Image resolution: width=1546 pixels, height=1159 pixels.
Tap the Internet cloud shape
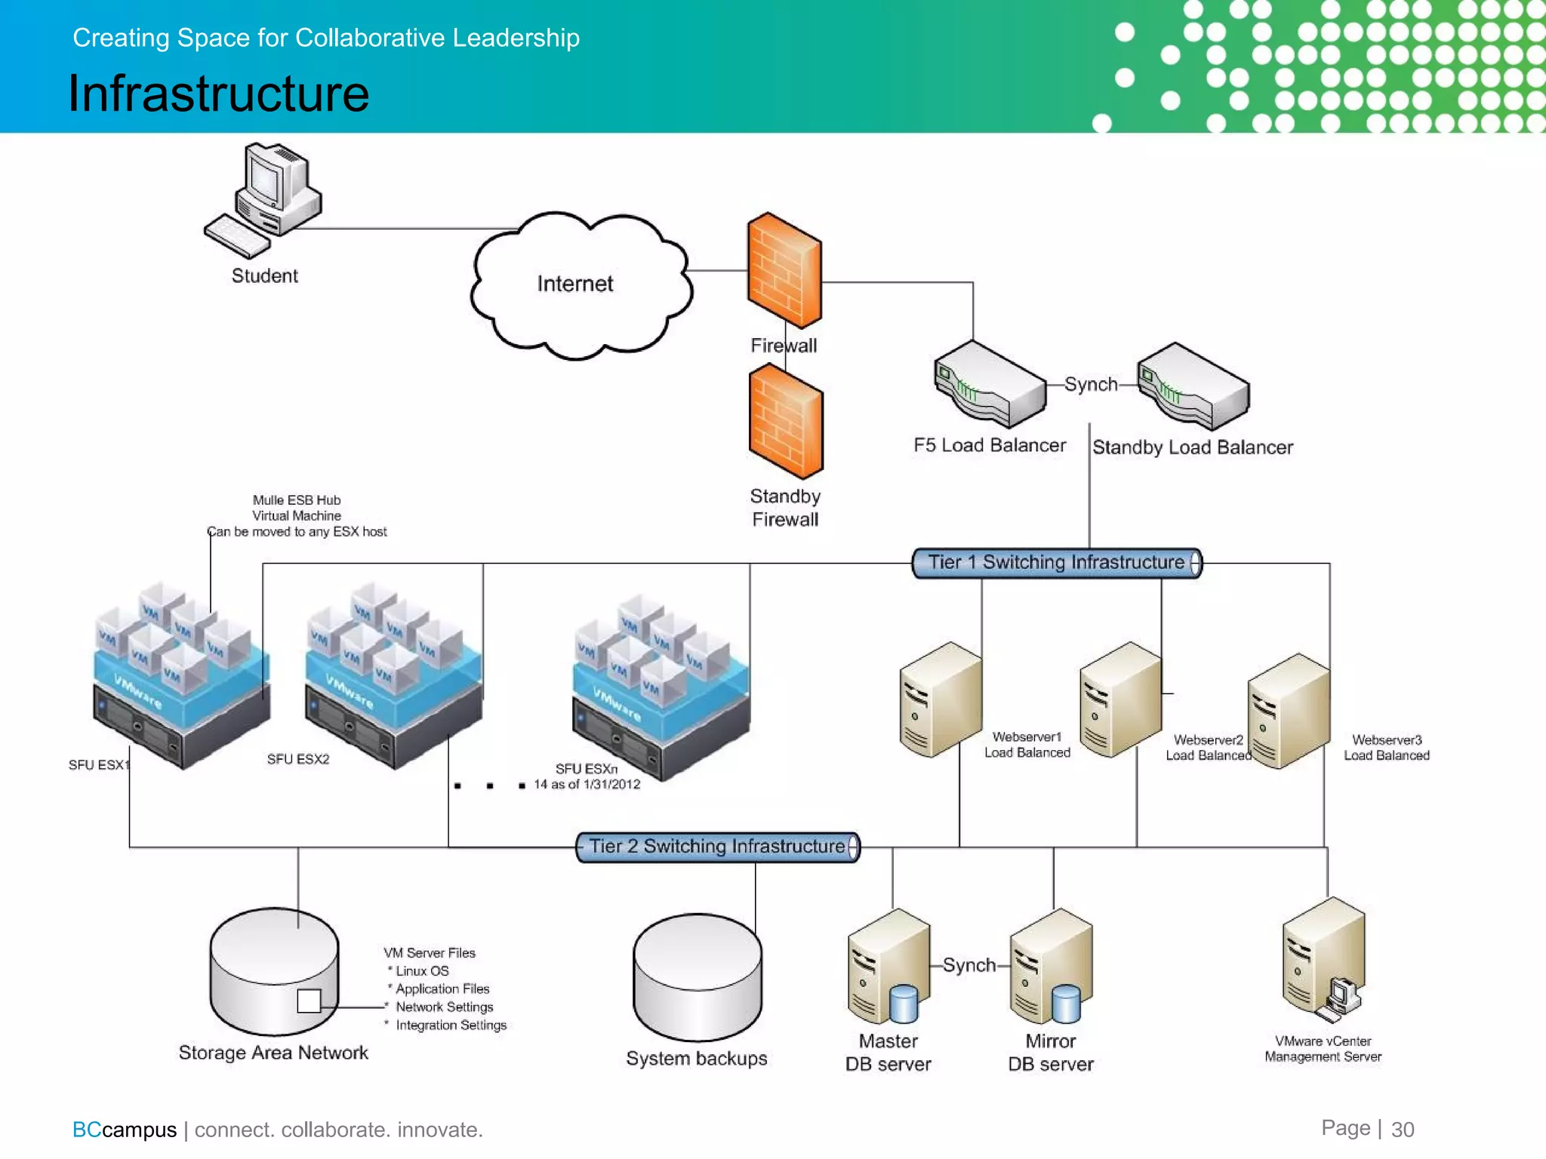[577, 284]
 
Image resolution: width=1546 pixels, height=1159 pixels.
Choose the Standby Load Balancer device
[1193, 385]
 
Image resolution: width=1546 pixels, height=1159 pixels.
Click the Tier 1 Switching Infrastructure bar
[1057, 563]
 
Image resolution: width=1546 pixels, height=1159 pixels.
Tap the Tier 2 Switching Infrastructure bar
[717, 847]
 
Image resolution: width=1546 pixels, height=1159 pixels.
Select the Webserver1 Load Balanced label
[1027, 745]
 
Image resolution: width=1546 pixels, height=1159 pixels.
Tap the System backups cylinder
[697, 978]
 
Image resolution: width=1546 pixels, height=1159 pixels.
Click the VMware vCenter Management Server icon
[1323, 958]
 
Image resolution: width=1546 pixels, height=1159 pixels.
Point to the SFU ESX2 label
[298, 759]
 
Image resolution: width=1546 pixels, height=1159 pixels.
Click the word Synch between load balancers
[1091, 384]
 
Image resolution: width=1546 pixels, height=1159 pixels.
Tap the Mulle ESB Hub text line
[297, 500]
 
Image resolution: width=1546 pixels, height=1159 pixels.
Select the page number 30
[1403, 1130]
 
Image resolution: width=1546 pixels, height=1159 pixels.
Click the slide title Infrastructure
[219, 94]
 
